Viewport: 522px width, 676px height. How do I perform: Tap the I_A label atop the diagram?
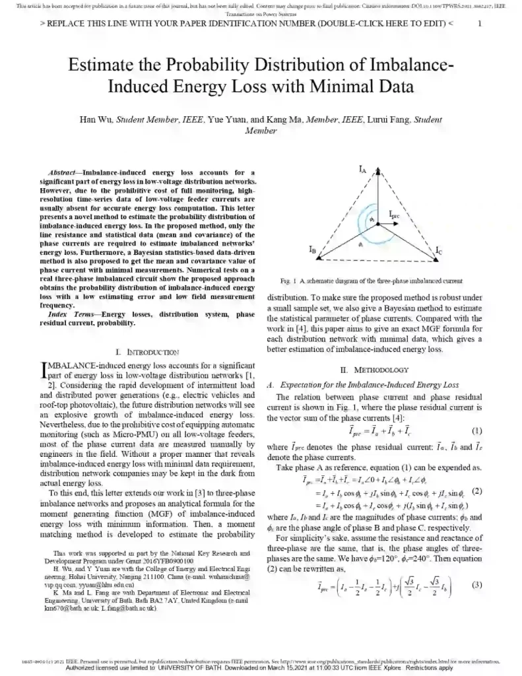362,170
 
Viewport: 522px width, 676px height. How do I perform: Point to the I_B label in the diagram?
313,249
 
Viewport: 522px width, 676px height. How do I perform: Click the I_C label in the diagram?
439,252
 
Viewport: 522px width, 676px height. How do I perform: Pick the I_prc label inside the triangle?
394,215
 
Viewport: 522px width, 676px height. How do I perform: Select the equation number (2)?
477,491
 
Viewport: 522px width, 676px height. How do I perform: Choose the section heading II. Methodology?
375,370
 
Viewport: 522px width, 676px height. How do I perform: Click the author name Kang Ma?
286,119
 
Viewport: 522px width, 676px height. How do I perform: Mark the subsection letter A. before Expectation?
270,384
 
